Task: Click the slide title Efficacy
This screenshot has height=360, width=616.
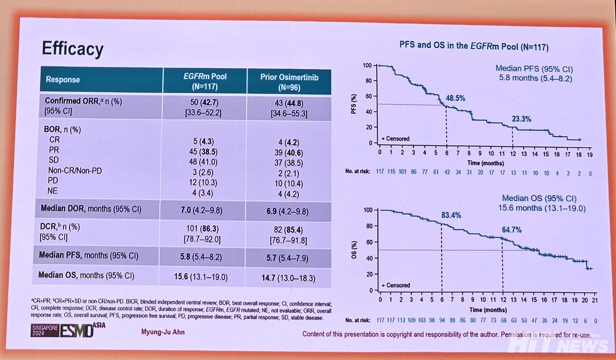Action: point(73,49)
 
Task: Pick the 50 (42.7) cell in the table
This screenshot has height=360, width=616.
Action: point(205,103)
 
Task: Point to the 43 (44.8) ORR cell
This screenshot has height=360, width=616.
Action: point(289,103)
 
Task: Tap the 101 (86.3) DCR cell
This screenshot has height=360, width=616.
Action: point(205,227)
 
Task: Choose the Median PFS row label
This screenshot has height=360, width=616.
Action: point(89,256)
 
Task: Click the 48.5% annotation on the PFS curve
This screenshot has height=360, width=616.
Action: point(456,98)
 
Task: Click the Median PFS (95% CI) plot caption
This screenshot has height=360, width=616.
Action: point(534,69)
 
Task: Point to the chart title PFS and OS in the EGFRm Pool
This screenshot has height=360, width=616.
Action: point(474,47)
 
